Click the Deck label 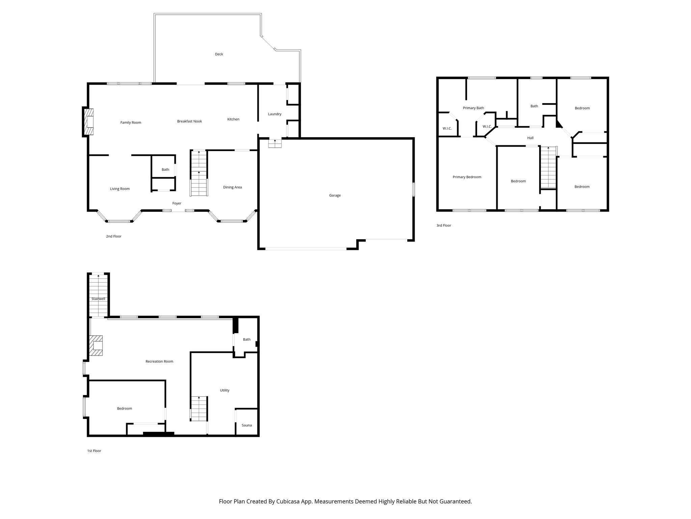point(219,54)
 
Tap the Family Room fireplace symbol point(89,122)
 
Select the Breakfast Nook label point(189,121)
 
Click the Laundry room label point(275,114)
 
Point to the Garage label point(335,195)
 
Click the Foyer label point(177,203)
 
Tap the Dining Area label point(232,187)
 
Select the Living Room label point(120,189)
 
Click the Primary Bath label point(473,108)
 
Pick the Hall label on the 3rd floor point(530,138)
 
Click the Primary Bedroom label point(467,177)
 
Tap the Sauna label point(247,425)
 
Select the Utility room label point(225,390)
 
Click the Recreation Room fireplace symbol point(96,345)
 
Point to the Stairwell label point(98,299)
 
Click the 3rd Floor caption point(444,225)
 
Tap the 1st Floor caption point(94,451)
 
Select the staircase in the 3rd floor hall point(548,167)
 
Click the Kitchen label point(233,119)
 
